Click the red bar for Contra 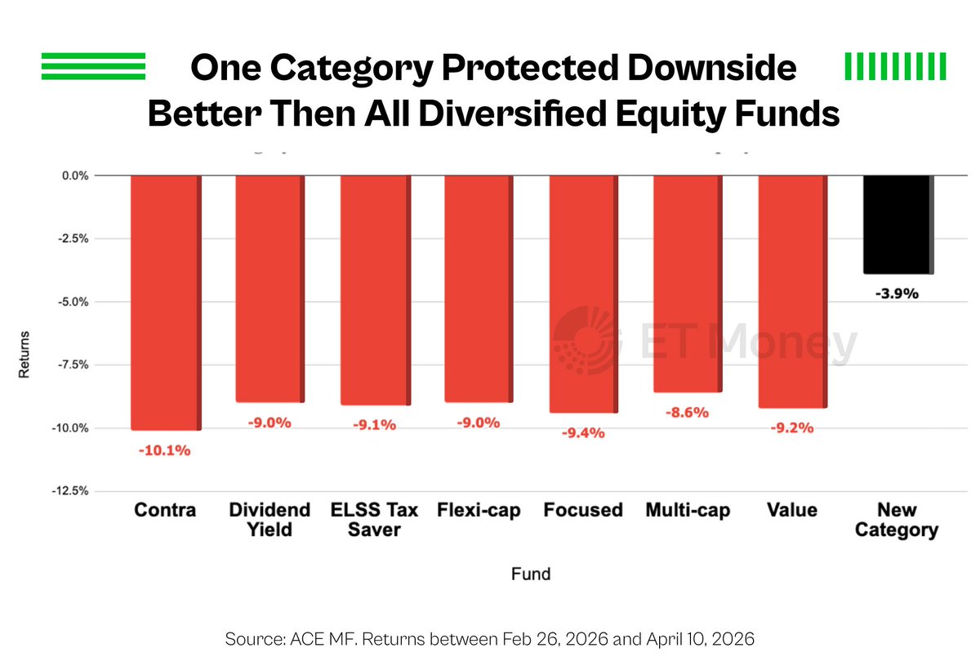click(167, 303)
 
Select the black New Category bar click(898, 225)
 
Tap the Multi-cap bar click(688, 284)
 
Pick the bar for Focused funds click(584, 294)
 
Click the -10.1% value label click(164, 450)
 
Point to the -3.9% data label click(897, 293)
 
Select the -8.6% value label click(687, 412)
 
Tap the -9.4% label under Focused click(583, 433)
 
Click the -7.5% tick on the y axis click(73, 364)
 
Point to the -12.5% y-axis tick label click(70, 491)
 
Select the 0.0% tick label click(75, 176)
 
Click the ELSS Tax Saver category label click(375, 520)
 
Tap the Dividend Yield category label click(269, 520)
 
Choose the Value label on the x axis click(792, 510)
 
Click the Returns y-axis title click(24, 354)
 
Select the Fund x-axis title click(531, 574)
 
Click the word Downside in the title click(712, 68)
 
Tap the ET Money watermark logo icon click(587, 341)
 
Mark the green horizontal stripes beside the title click(93, 66)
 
